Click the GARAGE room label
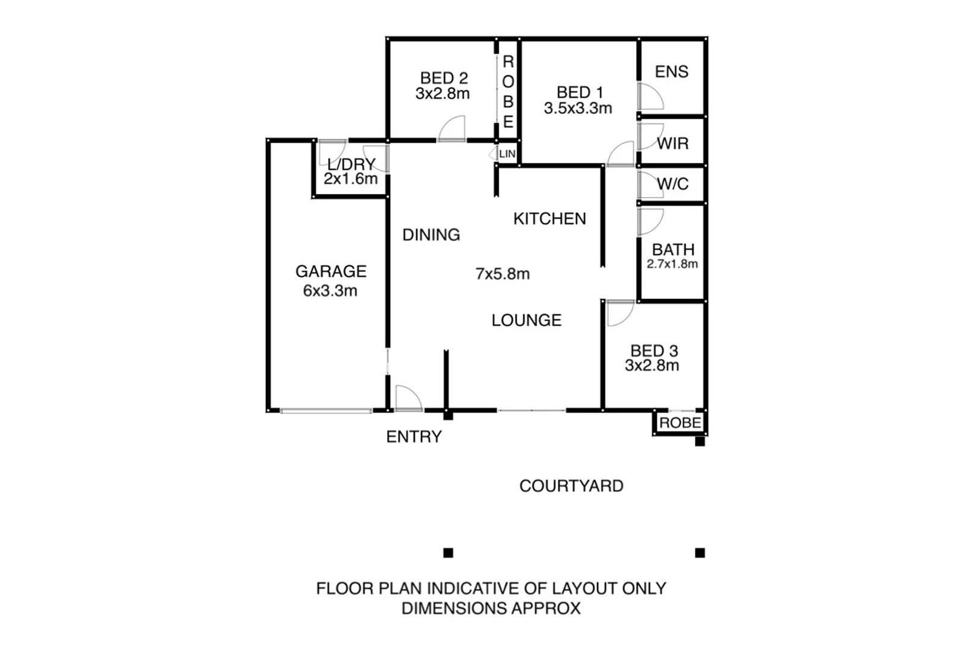coord(330,271)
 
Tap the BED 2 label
coord(444,78)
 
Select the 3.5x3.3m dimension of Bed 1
coord(578,108)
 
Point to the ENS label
coord(672,72)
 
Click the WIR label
coord(672,143)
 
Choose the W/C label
coord(672,184)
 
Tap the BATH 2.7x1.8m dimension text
coord(672,264)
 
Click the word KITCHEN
coord(549,218)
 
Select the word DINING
coord(431,234)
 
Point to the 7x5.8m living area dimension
coord(502,274)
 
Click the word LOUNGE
coord(526,320)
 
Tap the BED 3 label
coord(654,351)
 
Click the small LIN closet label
coord(507,154)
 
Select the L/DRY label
coord(351,165)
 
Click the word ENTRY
coord(414,436)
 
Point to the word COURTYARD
coord(571,486)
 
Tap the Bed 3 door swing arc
coord(620,313)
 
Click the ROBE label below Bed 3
coord(680,423)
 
